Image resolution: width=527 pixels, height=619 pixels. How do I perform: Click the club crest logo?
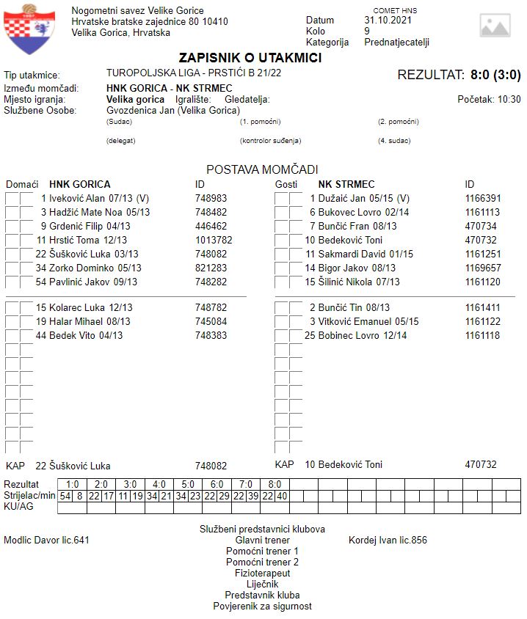click(x=30, y=29)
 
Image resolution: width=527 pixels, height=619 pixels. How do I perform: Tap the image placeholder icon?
click(x=495, y=26)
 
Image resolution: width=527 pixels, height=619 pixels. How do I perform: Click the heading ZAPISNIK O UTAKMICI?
click(x=250, y=58)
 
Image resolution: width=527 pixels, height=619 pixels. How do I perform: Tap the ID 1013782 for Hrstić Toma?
click(x=214, y=240)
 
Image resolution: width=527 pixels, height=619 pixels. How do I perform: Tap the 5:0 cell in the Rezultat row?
click(x=188, y=485)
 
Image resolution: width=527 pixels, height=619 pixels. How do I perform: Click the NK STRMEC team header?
click(x=346, y=184)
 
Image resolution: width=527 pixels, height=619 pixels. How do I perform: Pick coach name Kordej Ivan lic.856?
click(x=388, y=541)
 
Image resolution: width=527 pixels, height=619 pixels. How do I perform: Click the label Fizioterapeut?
click(x=262, y=573)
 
